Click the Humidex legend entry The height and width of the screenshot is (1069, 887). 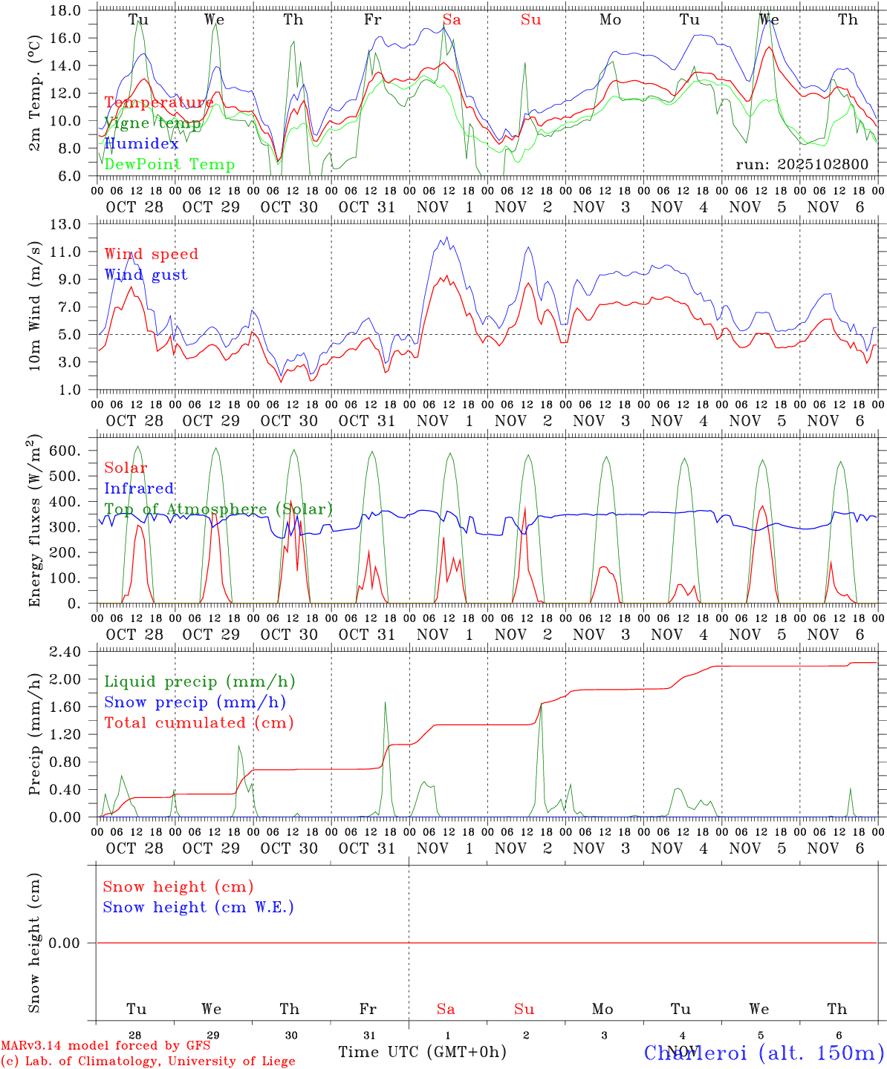(142, 144)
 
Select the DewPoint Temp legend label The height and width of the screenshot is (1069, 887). (169, 165)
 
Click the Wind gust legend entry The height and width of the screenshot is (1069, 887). (146, 275)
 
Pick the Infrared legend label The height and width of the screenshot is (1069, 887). (139, 488)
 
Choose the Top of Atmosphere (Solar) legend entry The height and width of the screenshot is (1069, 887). (218, 509)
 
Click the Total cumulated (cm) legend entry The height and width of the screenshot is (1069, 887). (198, 723)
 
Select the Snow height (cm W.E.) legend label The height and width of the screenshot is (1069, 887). (198, 907)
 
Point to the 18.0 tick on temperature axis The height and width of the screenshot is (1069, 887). (67, 10)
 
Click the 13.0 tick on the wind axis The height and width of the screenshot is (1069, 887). (67, 224)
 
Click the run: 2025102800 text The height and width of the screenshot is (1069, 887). (802, 164)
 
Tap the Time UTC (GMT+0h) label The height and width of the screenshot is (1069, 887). (422, 1052)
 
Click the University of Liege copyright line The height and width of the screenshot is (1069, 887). (148, 1062)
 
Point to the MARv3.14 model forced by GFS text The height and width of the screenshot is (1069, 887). (105, 1046)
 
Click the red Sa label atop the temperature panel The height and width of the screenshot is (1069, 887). (452, 20)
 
